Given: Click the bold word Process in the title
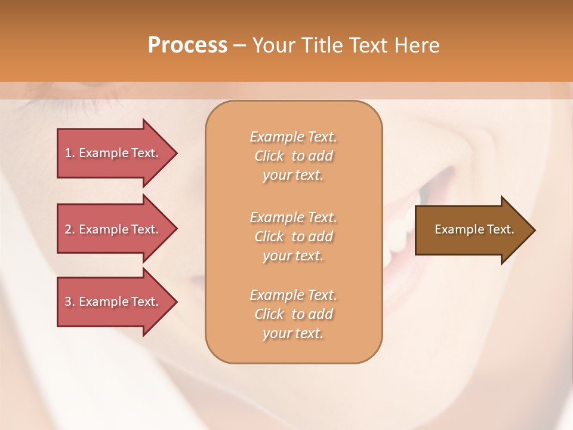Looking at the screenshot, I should (x=187, y=45).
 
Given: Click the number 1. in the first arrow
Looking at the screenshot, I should (x=70, y=153).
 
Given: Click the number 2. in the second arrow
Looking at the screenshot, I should (x=70, y=229).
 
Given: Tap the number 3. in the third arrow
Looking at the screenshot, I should (x=70, y=302).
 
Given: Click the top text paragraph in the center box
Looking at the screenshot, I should (x=293, y=156).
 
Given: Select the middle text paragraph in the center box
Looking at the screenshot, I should (x=293, y=236).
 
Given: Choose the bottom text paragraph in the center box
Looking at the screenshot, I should (x=293, y=314).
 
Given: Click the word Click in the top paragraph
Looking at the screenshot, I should (x=269, y=156).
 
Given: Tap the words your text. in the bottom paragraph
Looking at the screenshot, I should (x=293, y=333).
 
